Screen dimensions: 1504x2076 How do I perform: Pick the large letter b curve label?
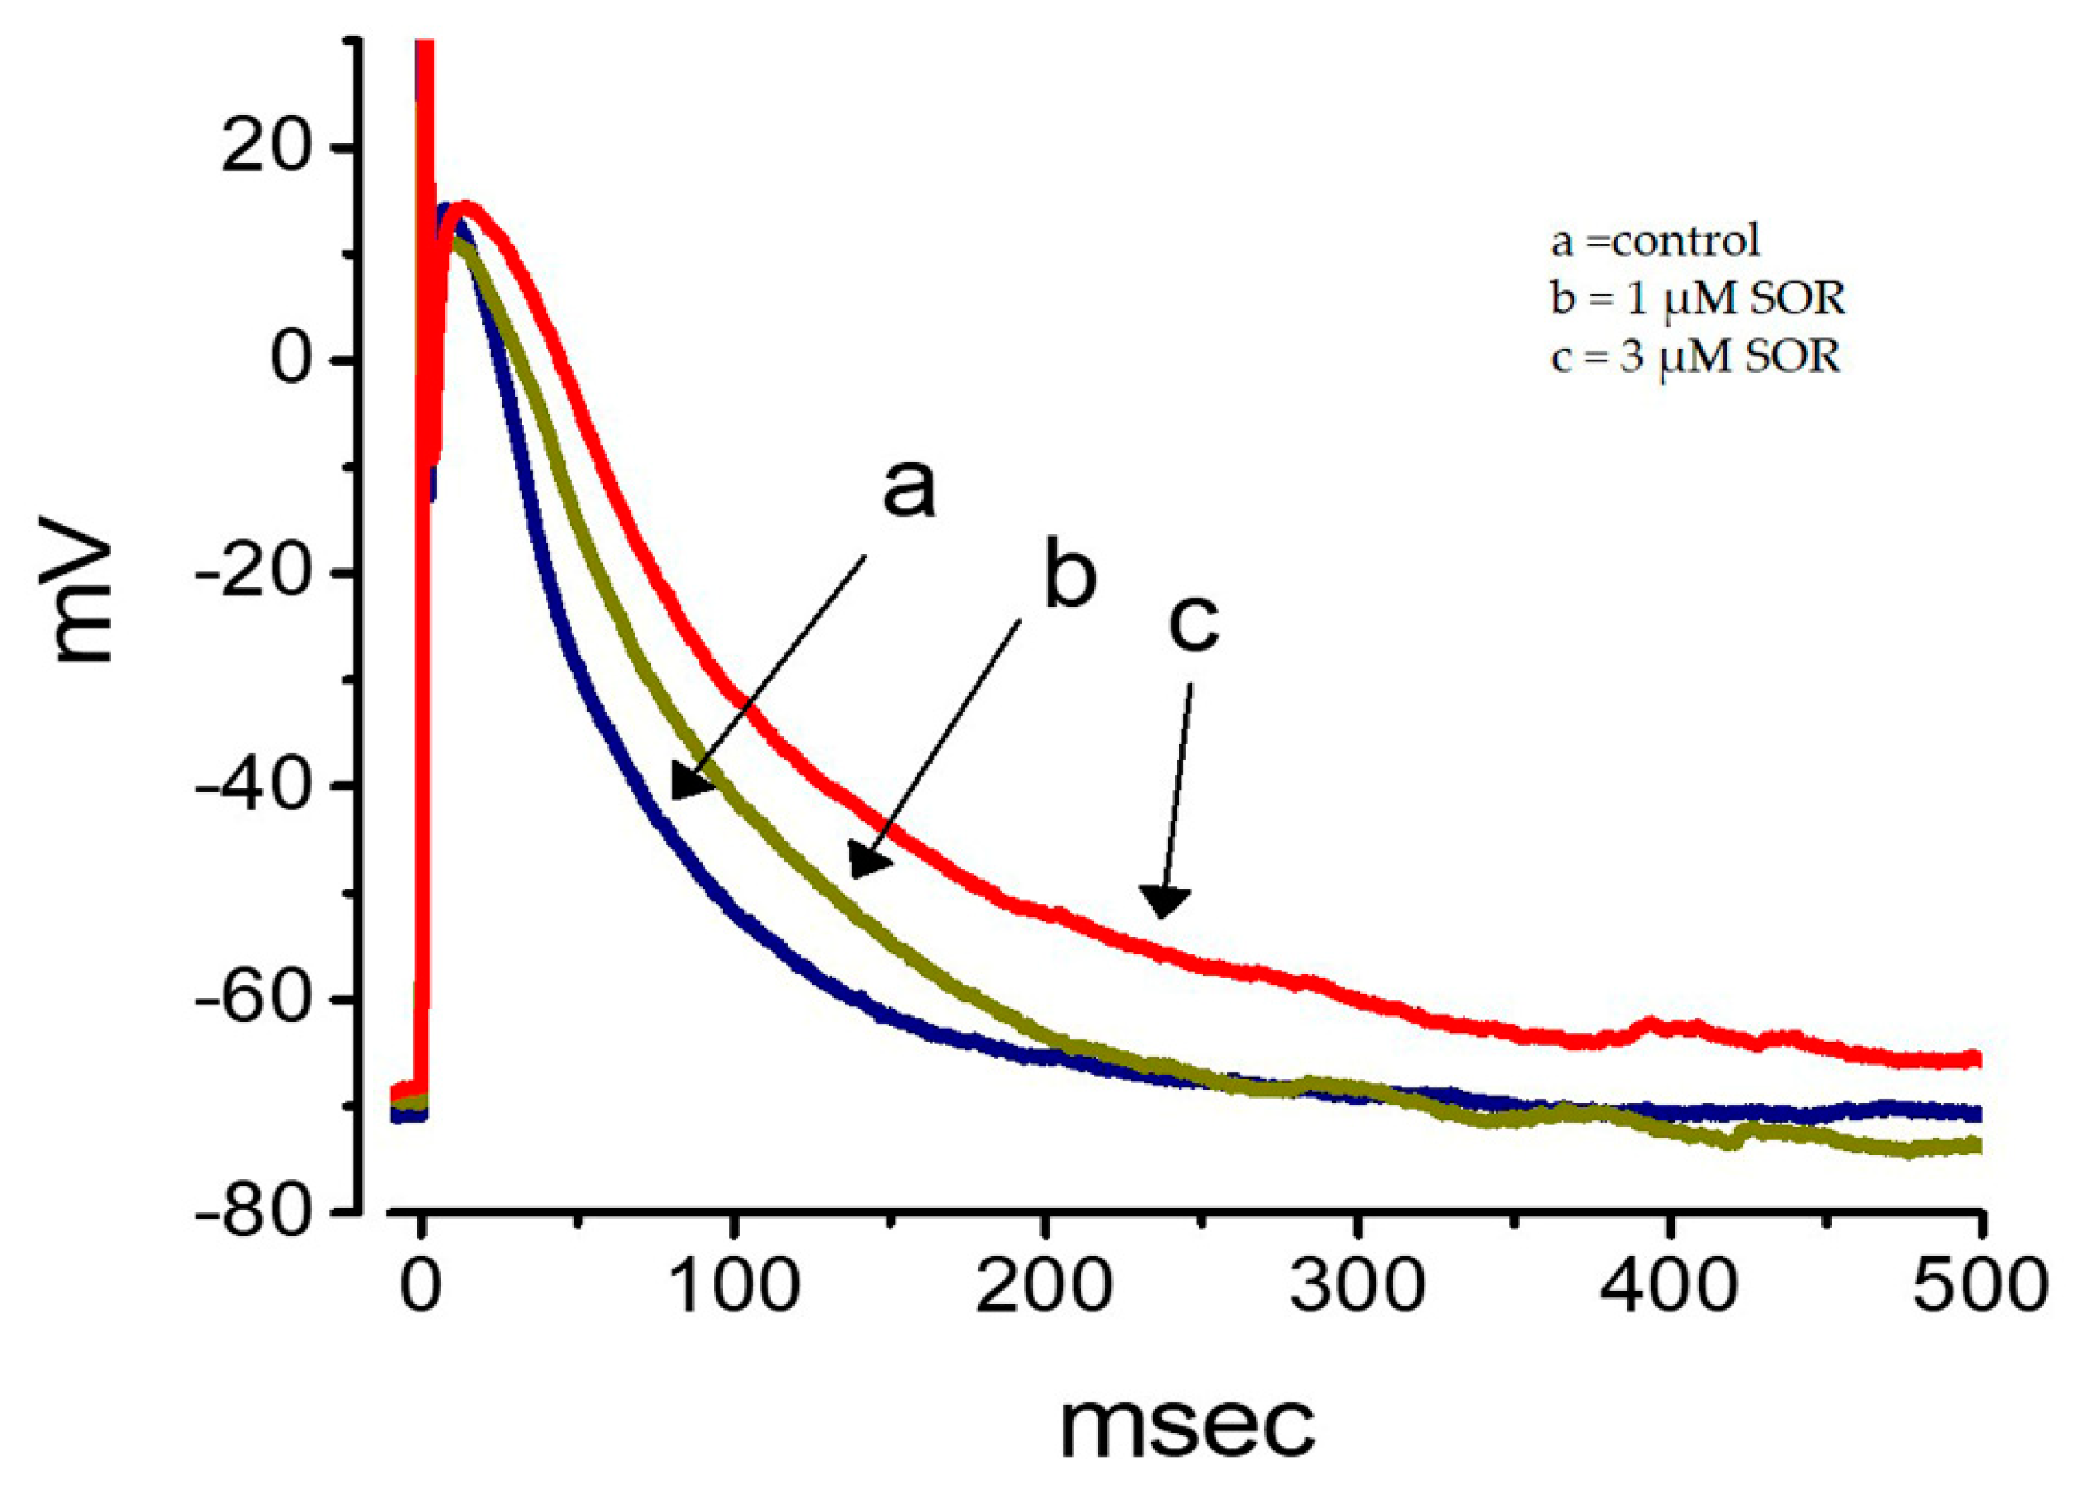[1069, 578]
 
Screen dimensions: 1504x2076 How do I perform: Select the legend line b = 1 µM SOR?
[1698, 300]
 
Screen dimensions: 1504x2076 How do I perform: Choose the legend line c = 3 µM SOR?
[1696, 357]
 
